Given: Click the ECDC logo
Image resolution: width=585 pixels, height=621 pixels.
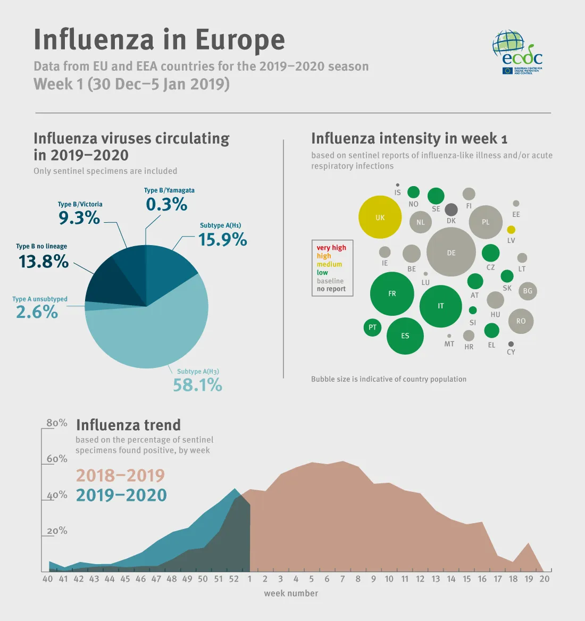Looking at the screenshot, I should (517, 52).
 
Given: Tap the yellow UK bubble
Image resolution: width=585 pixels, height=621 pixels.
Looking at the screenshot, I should (380, 217).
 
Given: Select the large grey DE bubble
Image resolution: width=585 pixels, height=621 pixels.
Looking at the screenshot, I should (451, 252).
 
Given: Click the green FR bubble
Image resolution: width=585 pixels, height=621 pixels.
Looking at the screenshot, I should (392, 293).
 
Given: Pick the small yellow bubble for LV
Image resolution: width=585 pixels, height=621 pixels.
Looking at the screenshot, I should (511, 230).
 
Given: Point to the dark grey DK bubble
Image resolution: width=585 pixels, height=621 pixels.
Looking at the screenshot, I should (451, 209).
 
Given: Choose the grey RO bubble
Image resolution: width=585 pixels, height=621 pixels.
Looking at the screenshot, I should (521, 321).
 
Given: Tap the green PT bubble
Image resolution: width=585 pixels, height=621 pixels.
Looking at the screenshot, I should (372, 327).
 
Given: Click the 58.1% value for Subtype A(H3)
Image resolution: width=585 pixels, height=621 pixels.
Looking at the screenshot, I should (197, 385).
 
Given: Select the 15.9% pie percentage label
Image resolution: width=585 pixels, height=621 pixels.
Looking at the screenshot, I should (222, 240).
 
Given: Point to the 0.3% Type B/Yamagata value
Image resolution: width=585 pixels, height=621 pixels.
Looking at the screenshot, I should (166, 204).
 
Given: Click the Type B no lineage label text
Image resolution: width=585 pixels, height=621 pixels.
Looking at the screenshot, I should (41, 246).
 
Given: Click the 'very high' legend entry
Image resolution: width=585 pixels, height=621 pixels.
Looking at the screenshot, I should (331, 248).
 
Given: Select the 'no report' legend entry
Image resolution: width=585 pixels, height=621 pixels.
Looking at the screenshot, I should (331, 289).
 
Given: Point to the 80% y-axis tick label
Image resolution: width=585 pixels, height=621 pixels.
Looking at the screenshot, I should (57, 423).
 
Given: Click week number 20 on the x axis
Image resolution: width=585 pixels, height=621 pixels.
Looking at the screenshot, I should (544, 579).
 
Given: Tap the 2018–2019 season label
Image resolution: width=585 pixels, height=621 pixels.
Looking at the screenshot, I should (120, 475).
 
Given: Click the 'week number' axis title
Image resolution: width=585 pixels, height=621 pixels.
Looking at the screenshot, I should (291, 593).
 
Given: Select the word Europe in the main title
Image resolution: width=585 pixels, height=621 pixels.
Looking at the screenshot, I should (240, 40).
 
